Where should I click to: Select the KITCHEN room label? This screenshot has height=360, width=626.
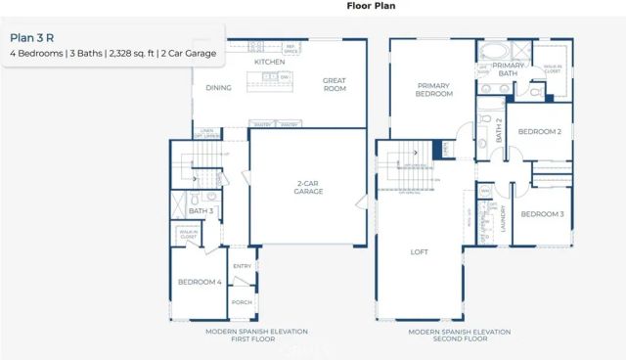[x=269, y=62]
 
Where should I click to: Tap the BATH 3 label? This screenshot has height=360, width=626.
[x=201, y=210]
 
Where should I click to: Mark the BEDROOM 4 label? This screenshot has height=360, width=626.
[x=199, y=283]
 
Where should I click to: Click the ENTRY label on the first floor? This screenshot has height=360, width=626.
[x=241, y=265]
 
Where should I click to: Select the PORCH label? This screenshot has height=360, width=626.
[x=241, y=302]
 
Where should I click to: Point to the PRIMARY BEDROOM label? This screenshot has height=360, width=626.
[x=433, y=90]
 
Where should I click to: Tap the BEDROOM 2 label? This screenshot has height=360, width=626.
[x=539, y=131]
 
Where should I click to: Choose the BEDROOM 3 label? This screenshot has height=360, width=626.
[x=541, y=213]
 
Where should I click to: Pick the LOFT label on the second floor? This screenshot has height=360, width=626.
[x=419, y=252]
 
